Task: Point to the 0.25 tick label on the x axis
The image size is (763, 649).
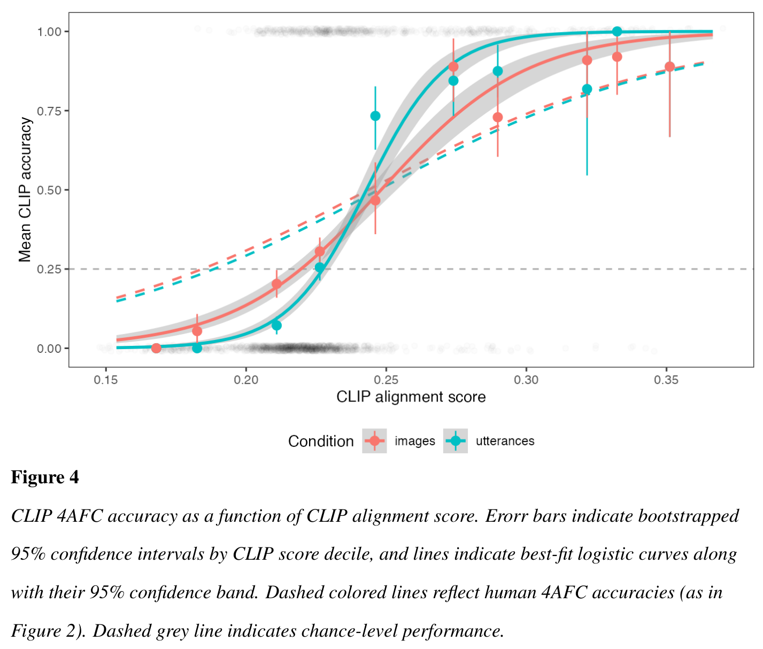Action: pyautogui.click(x=386, y=380)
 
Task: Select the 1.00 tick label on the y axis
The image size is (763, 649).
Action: pyautogui.click(x=50, y=32)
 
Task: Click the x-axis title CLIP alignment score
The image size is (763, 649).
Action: pyautogui.click(x=411, y=397)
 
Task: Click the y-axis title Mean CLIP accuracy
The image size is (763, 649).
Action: pyautogui.click(x=25, y=190)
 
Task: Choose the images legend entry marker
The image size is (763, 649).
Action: pyautogui.click(x=374, y=441)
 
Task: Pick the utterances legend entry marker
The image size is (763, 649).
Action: pyautogui.click(x=456, y=441)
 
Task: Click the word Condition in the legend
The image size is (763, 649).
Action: pyautogui.click(x=321, y=441)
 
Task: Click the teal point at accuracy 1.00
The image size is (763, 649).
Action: pyautogui.click(x=617, y=32)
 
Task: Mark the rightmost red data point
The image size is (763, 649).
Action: pyautogui.click(x=669, y=67)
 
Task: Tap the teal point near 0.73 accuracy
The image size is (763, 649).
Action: pyautogui.click(x=375, y=116)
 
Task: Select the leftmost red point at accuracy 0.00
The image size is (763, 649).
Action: pyautogui.click(x=156, y=348)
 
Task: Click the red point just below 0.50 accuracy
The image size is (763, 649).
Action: pyautogui.click(x=375, y=200)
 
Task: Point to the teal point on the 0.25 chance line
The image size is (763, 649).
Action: pyautogui.click(x=320, y=267)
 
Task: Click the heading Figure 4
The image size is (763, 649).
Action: pyautogui.click(x=45, y=477)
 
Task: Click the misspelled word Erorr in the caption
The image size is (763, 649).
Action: pyautogui.click(x=506, y=516)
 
